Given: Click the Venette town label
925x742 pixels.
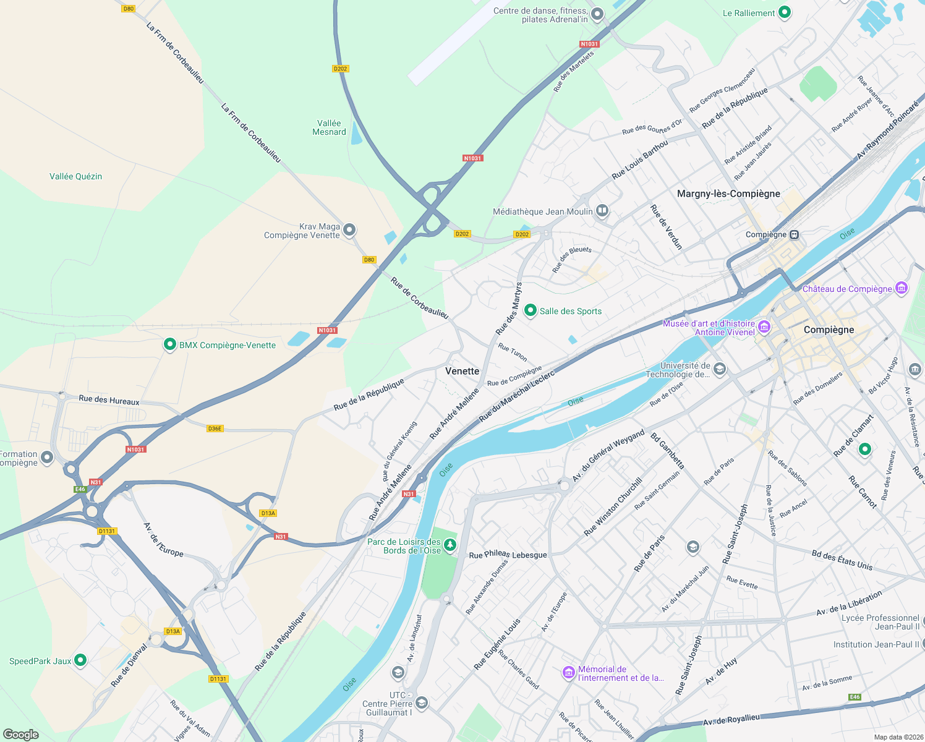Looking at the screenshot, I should click(x=462, y=371).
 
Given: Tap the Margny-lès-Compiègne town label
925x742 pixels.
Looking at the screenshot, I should click(x=728, y=194).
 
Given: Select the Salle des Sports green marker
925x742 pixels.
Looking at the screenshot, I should click(x=530, y=310).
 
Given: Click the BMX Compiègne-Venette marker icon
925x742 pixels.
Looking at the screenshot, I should click(x=169, y=344).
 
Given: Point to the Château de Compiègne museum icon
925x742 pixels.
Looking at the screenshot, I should click(x=902, y=288).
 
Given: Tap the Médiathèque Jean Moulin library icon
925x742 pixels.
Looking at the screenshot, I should click(x=602, y=211).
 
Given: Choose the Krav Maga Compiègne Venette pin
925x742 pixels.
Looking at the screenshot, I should click(x=349, y=230).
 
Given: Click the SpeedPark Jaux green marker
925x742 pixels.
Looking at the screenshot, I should click(x=80, y=660).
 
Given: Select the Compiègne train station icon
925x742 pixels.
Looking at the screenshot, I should click(x=795, y=234).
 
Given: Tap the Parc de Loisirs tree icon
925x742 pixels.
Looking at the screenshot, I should click(x=450, y=545).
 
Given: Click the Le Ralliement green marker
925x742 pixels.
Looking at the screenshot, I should click(x=784, y=12).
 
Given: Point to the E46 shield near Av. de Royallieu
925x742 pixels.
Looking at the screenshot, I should click(x=855, y=697).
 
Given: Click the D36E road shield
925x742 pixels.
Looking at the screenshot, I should click(x=215, y=429).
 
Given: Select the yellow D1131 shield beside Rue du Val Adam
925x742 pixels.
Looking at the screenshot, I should click(x=218, y=679).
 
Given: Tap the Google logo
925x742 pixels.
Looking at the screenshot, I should click(x=21, y=734).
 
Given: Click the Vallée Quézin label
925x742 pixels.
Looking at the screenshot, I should click(x=75, y=176).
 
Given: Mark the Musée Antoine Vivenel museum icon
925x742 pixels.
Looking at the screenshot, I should click(x=764, y=326).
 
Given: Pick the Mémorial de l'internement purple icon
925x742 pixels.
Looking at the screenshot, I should click(x=568, y=673).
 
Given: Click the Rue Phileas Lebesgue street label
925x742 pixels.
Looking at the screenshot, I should click(x=508, y=555).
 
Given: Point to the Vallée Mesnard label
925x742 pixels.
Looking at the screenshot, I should click(x=329, y=127).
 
